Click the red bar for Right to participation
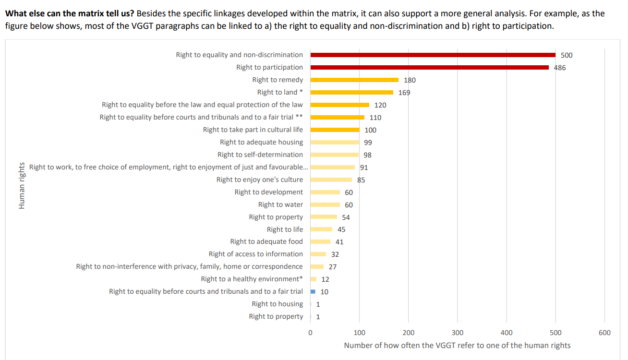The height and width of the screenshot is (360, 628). (x=429, y=67)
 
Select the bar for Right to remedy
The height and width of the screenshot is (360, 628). (x=354, y=80)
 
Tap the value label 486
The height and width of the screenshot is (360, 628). (x=560, y=68)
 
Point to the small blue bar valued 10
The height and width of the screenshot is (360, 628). (x=313, y=291)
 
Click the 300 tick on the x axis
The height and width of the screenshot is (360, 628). (x=458, y=333)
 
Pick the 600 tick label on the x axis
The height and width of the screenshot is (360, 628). (x=604, y=333)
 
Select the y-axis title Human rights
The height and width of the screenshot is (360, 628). (x=21, y=186)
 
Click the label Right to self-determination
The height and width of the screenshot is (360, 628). (x=260, y=155)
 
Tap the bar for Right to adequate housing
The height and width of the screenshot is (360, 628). (x=335, y=142)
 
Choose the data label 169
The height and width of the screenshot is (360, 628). (x=404, y=93)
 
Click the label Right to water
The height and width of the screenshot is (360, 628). (x=280, y=204)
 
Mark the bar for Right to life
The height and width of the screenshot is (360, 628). (x=321, y=229)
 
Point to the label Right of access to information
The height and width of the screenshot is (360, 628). (x=255, y=254)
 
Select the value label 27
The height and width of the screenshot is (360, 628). (x=332, y=266)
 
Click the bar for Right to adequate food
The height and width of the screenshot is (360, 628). (x=320, y=241)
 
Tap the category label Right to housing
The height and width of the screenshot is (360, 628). (x=277, y=304)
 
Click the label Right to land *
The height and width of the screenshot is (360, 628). (x=280, y=92)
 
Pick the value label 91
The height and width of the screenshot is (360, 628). (x=364, y=168)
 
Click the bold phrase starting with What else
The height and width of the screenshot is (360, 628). (x=69, y=13)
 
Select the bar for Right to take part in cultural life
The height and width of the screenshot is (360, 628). (x=335, y=130)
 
